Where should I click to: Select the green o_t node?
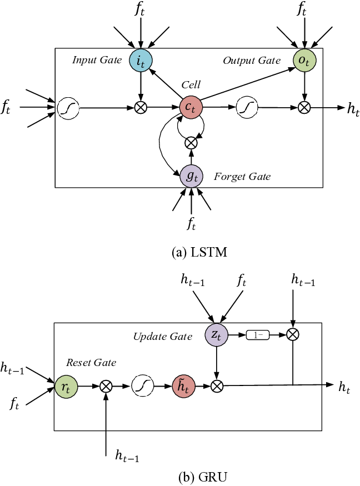(x=304, y=61)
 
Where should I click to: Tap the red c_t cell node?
(x=191, y=108)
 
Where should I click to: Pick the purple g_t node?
(x=191, y=176)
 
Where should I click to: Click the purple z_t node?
(x=217, y=335)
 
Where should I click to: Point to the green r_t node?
(x=67, y=387)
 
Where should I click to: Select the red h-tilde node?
(x=183, y=387)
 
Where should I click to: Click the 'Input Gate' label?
(x=97, y=60)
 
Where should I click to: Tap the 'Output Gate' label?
(x=252, y=61)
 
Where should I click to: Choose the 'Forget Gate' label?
(x=242, y=177)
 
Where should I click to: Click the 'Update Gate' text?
(x=162, y=337)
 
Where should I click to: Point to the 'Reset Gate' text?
(x=91, y=363)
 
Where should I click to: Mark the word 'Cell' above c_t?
(x=191, y=85)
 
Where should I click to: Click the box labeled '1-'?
(x=257, y=335)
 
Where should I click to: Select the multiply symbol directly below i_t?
(x=141, y=108)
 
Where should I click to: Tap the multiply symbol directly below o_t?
(x=304, y=108)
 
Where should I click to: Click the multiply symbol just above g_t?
(x=191, y=143)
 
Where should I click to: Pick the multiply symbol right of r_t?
(x=106, y=387)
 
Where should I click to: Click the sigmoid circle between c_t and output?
(x=247, y=108)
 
